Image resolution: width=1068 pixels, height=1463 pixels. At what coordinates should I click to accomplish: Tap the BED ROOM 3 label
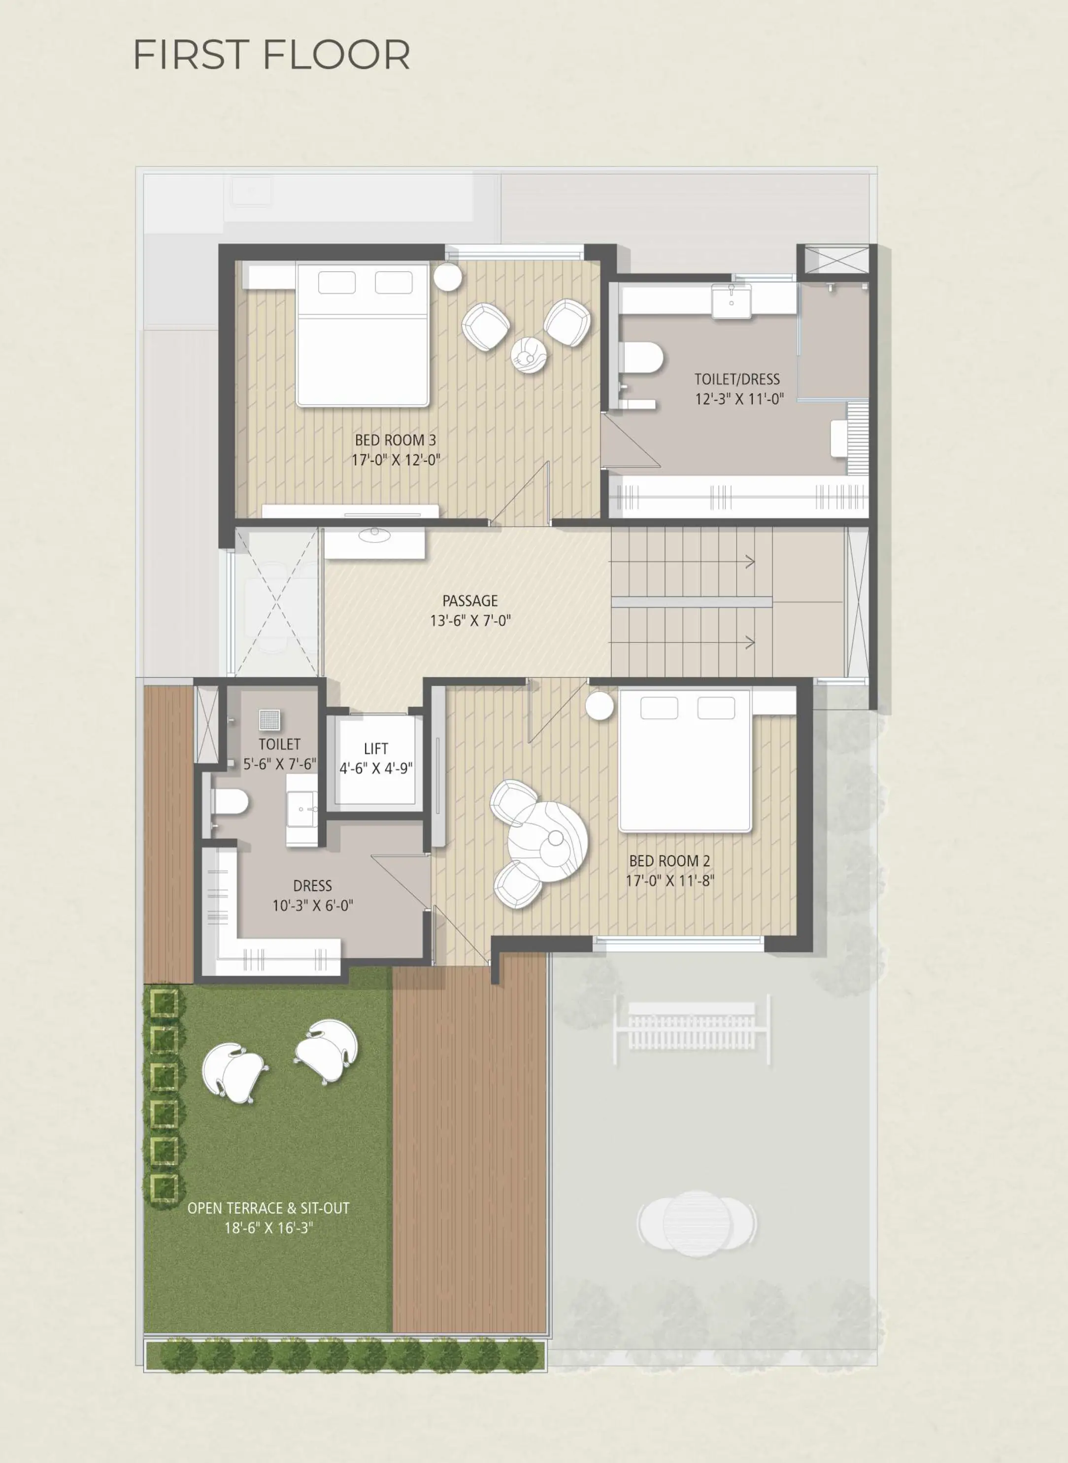pyautogui.click(x=396, y=440)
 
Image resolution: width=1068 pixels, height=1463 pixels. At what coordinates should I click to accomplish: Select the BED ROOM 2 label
pyautogui.click(x=670, y=861)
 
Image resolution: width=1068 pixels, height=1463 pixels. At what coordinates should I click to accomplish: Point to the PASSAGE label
pyautogui.click(x=470, y=601)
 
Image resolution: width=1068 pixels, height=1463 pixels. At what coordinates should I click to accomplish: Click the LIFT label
pyautogui.click(x=375, y=749)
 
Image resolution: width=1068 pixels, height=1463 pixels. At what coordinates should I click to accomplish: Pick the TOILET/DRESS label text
pyautogui.click(x=737, y=379)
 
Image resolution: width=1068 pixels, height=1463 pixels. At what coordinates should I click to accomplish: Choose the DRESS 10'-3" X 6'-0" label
pyautogui.click(x=312, y=895)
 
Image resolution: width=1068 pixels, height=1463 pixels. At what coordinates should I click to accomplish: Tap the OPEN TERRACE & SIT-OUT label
pyautogui.click(x=268, y=1208)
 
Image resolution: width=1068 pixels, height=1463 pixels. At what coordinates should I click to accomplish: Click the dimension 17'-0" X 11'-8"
pyautogui.click(x=670, y=881)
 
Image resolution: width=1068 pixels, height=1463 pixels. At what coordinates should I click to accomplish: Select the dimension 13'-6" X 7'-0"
pyautogui.click(x=470, y=620)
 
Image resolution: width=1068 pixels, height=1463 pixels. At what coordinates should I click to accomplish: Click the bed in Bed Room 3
pyautogui.click(x=363, y=334)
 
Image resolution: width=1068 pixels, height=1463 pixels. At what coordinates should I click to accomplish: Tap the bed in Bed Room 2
pyautogui.click(x=685, y=761)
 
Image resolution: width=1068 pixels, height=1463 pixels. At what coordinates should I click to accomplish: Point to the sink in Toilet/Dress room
pyautogui.click(x=731, y=301)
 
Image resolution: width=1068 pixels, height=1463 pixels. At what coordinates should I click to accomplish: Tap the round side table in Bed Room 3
pyautogui.click(x=447, y=277)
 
